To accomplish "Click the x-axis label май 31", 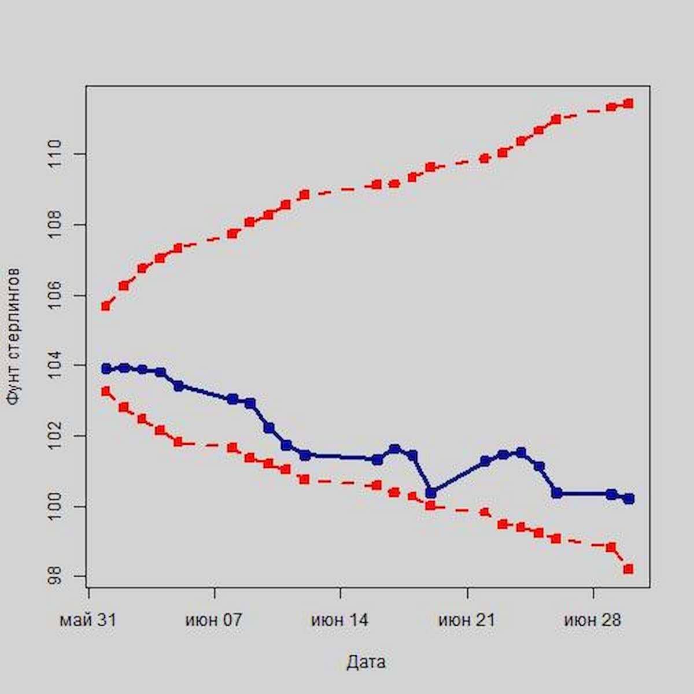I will click(x=88, y=621).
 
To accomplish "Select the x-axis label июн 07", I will click(x=214, y=621).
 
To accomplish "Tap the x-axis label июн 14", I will click(x=340, y=621).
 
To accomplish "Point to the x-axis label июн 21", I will click(x=467, y=621).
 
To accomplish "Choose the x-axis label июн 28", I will click(x=593, y=621).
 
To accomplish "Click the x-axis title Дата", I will click(x=366, y=662).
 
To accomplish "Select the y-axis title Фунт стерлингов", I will click(x=14, y=335).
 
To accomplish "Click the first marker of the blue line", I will click(x=106, y=368).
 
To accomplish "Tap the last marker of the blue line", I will click(x=629, y=498).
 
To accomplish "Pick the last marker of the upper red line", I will click(x=629, y=104).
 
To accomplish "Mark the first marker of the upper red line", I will click(x=106, y=306).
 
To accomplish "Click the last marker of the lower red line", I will click(x=629, y=569).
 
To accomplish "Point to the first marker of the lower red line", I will click(x=106, y=392).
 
